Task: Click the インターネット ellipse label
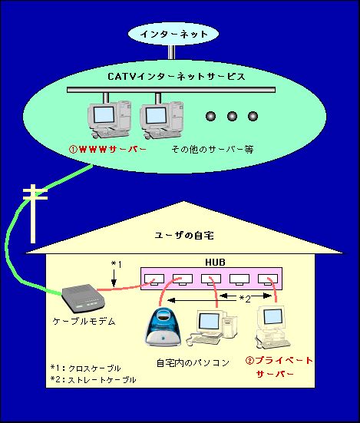point(174,35)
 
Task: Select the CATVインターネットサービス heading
point(177,76)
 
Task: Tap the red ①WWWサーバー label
point(107,149)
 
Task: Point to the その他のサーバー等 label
point(213,149)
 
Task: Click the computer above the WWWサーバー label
point(109,120)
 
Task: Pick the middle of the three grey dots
point(232,116)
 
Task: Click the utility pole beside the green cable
point(34,213)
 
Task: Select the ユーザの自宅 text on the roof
point(184,236)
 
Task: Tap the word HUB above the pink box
point(215,263)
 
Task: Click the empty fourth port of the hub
point(239,279)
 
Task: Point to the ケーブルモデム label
point(84,321)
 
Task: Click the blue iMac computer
point(163,327)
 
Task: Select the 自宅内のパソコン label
point(193,362)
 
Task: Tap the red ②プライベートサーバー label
point(279,367)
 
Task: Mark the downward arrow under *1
point(114,278)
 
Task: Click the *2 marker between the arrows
point(245,299)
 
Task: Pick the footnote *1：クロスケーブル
point(85,368)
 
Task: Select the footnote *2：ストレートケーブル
point(94,379)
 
